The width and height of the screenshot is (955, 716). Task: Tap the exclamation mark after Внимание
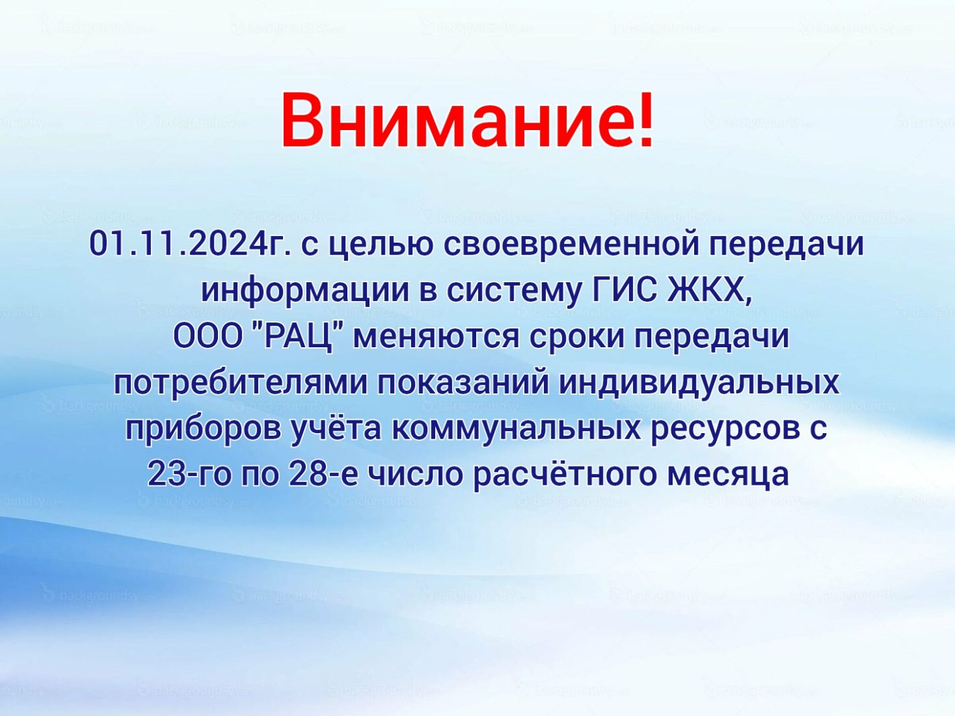pos(643,121)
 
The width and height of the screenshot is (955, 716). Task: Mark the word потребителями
pos(241,385)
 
